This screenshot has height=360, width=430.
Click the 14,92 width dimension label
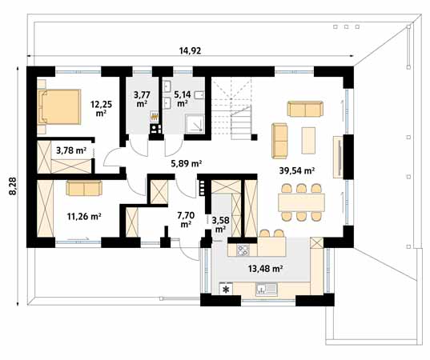[189, 50]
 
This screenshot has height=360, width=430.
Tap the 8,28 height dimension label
[12, 186]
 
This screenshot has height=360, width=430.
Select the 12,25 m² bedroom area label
[100, 108]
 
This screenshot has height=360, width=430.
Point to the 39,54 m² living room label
[296, 170]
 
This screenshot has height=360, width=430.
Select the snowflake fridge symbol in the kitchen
[226, 289]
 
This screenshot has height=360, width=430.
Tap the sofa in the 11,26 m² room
[83, 188]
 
